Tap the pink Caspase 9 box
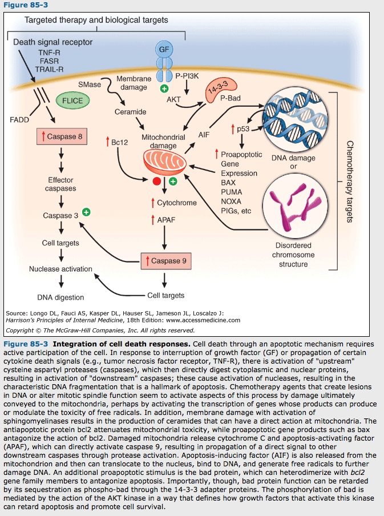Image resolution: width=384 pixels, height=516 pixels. click(164, 261)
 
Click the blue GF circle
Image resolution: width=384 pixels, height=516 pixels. click(164, 49)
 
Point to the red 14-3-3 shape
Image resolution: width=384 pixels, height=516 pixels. click(214, 88)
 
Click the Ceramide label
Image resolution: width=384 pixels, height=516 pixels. click(131, 112)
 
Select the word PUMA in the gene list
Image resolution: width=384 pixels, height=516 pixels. click(231, 192)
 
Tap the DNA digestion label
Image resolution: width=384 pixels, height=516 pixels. click(60, 297)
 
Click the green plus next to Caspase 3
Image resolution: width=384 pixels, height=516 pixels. click(87, 212)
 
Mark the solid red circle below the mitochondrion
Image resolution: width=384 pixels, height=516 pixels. click(156, 182)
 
